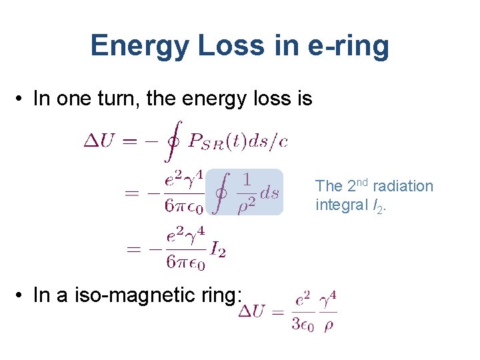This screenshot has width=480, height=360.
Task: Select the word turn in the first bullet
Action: [124, 99]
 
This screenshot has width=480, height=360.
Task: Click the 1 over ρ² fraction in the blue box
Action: [247, 192]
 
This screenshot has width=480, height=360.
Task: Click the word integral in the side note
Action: [339, 205]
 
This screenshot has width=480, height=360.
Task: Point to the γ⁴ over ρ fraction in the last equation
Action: [328, 312]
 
